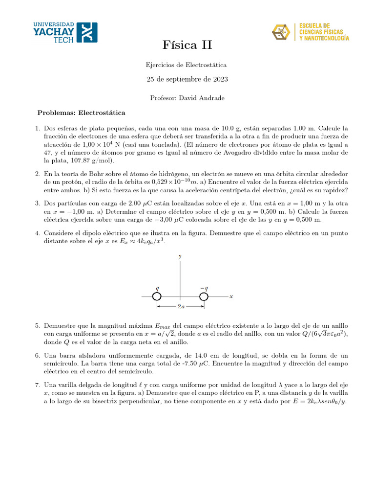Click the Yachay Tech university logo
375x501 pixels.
coord(64,32)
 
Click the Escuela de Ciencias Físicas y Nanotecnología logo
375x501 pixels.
coord(310,32)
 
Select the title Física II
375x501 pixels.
coord(187,46)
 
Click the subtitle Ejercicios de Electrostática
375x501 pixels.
coord(187,65)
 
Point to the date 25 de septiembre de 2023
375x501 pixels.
coord(187,79)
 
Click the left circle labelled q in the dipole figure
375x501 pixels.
coord(157,297)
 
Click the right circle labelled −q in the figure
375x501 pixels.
coord(204,297)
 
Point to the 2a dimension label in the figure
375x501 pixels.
coord(180,307)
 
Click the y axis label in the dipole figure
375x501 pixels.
coord(180,256)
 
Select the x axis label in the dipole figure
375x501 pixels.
coord(231,296)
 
